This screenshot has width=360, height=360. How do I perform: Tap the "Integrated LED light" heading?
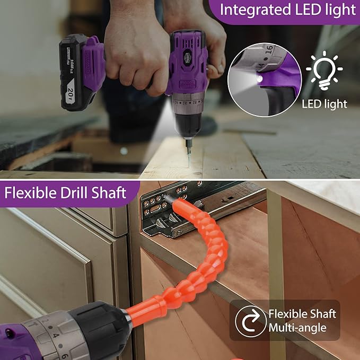pyautogui.click(x=288, y=10)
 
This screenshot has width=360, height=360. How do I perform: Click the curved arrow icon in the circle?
pyautogui.click(x=250, y=320)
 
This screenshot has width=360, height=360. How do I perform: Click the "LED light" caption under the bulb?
pyautogui.click(x=324, y=103)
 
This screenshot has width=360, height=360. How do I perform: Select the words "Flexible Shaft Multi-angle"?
pyautogui.click(x=302, y=320)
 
